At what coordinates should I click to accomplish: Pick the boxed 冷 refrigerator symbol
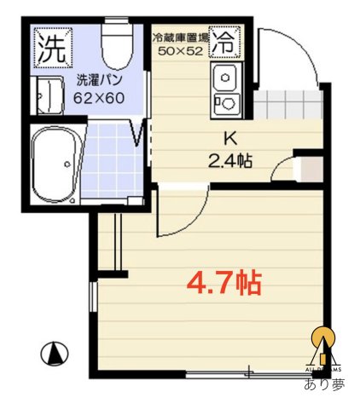[226, 39]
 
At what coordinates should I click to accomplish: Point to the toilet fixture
[114, 45]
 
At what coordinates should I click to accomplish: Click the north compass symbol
[55, 352]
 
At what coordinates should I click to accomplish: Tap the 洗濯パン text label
[99, 81]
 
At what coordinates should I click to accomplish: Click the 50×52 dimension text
[180, 51]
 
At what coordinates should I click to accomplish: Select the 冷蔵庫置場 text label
[180, 38]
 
